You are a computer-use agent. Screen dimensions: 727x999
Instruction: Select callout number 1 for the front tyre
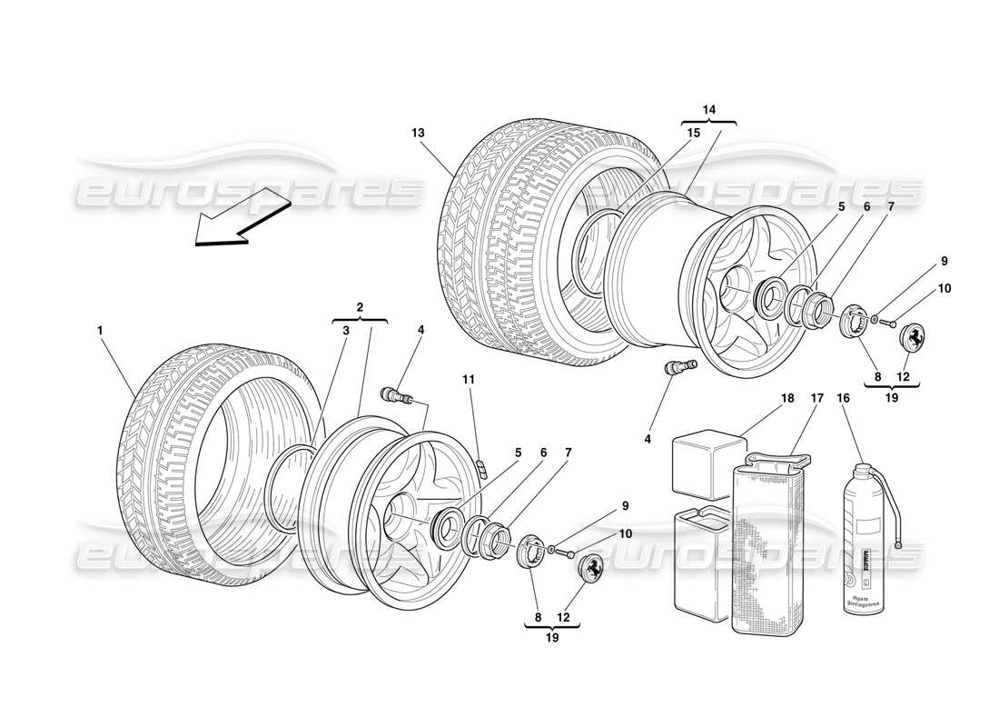99,332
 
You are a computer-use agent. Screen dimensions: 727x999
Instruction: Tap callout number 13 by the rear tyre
417,132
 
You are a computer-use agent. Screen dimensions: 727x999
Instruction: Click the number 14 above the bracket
708,109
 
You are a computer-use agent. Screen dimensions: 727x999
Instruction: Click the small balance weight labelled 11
483,468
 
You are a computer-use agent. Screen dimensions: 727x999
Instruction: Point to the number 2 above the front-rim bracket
361,307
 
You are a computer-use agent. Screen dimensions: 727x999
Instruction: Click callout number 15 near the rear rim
694,132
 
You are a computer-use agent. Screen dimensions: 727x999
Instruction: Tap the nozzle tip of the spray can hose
897,545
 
